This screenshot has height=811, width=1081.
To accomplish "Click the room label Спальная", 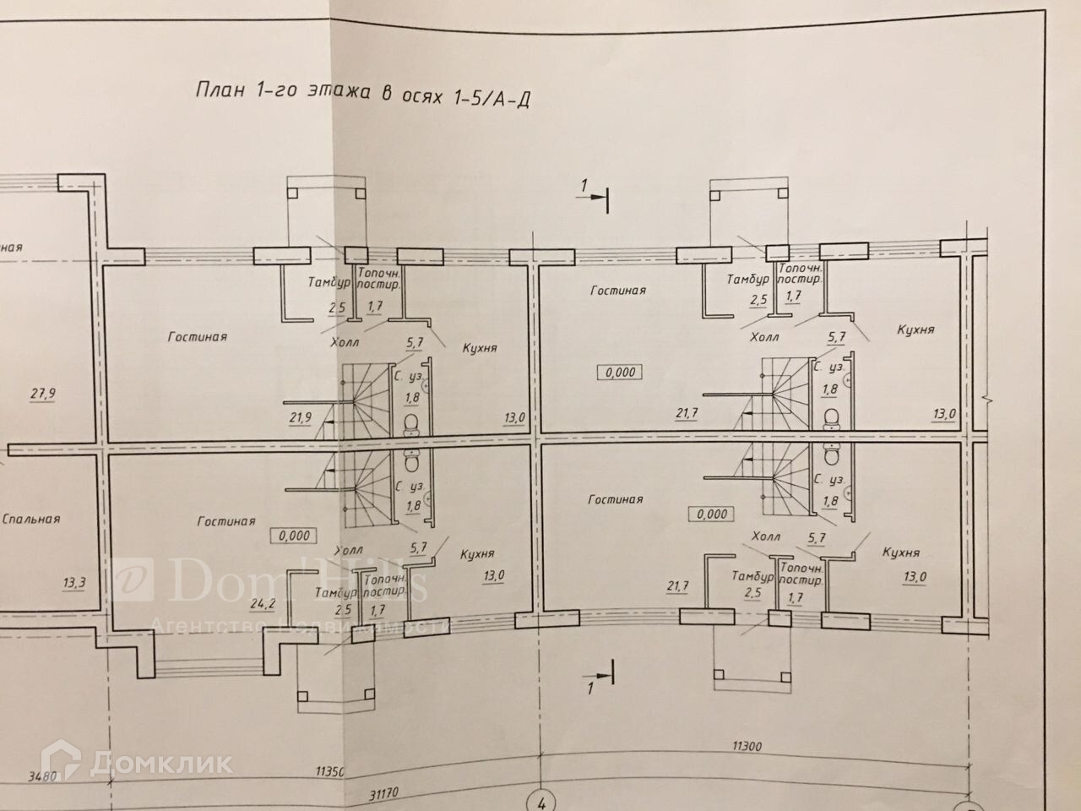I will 31,519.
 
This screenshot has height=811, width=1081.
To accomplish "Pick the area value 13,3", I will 75,582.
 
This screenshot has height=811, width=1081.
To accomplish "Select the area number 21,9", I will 301,418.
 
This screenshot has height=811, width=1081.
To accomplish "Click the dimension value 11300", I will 748,747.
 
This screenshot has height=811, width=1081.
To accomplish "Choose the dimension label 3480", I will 41,774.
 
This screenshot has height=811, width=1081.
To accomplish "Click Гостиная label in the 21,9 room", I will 198,337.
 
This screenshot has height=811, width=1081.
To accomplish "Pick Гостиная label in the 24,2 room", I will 226,521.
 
